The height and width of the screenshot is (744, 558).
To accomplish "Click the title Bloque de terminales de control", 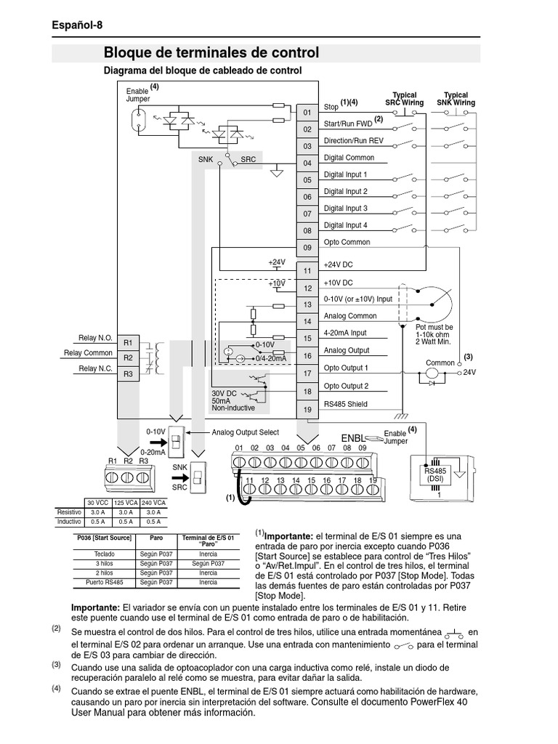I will click(211, 53).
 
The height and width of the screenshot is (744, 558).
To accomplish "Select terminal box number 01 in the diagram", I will click(307, 113).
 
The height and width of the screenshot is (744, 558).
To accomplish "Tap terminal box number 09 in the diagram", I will click(307, 248).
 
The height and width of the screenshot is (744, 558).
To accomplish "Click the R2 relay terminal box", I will click(128, 357).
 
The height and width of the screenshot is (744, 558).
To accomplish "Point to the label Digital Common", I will click(349, 158).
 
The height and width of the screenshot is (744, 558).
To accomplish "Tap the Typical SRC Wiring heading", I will click(405, 99).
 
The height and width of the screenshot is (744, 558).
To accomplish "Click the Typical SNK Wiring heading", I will click(456, 99).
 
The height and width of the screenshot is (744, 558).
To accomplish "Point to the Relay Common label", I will click(88, 353).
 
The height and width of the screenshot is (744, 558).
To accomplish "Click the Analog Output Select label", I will click(245, 432).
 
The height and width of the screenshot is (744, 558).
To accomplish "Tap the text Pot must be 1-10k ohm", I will click(434, 331).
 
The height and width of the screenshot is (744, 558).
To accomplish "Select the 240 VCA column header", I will click(153, 503).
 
